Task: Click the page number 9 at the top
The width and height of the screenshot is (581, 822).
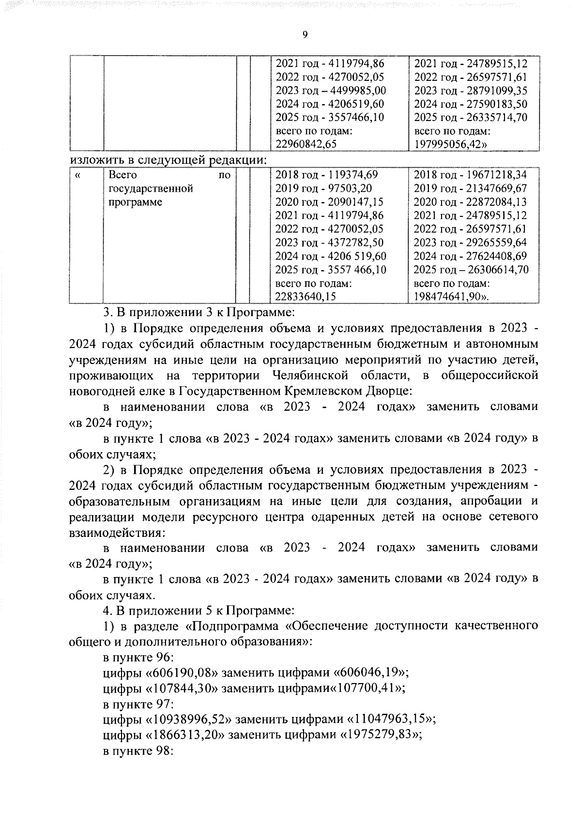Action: click(305, 34)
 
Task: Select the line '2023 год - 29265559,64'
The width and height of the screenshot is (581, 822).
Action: click(470, 243)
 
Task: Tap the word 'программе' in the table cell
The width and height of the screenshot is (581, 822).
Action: click(135, 202)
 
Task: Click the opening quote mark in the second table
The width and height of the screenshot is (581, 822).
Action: click(78, 175)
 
